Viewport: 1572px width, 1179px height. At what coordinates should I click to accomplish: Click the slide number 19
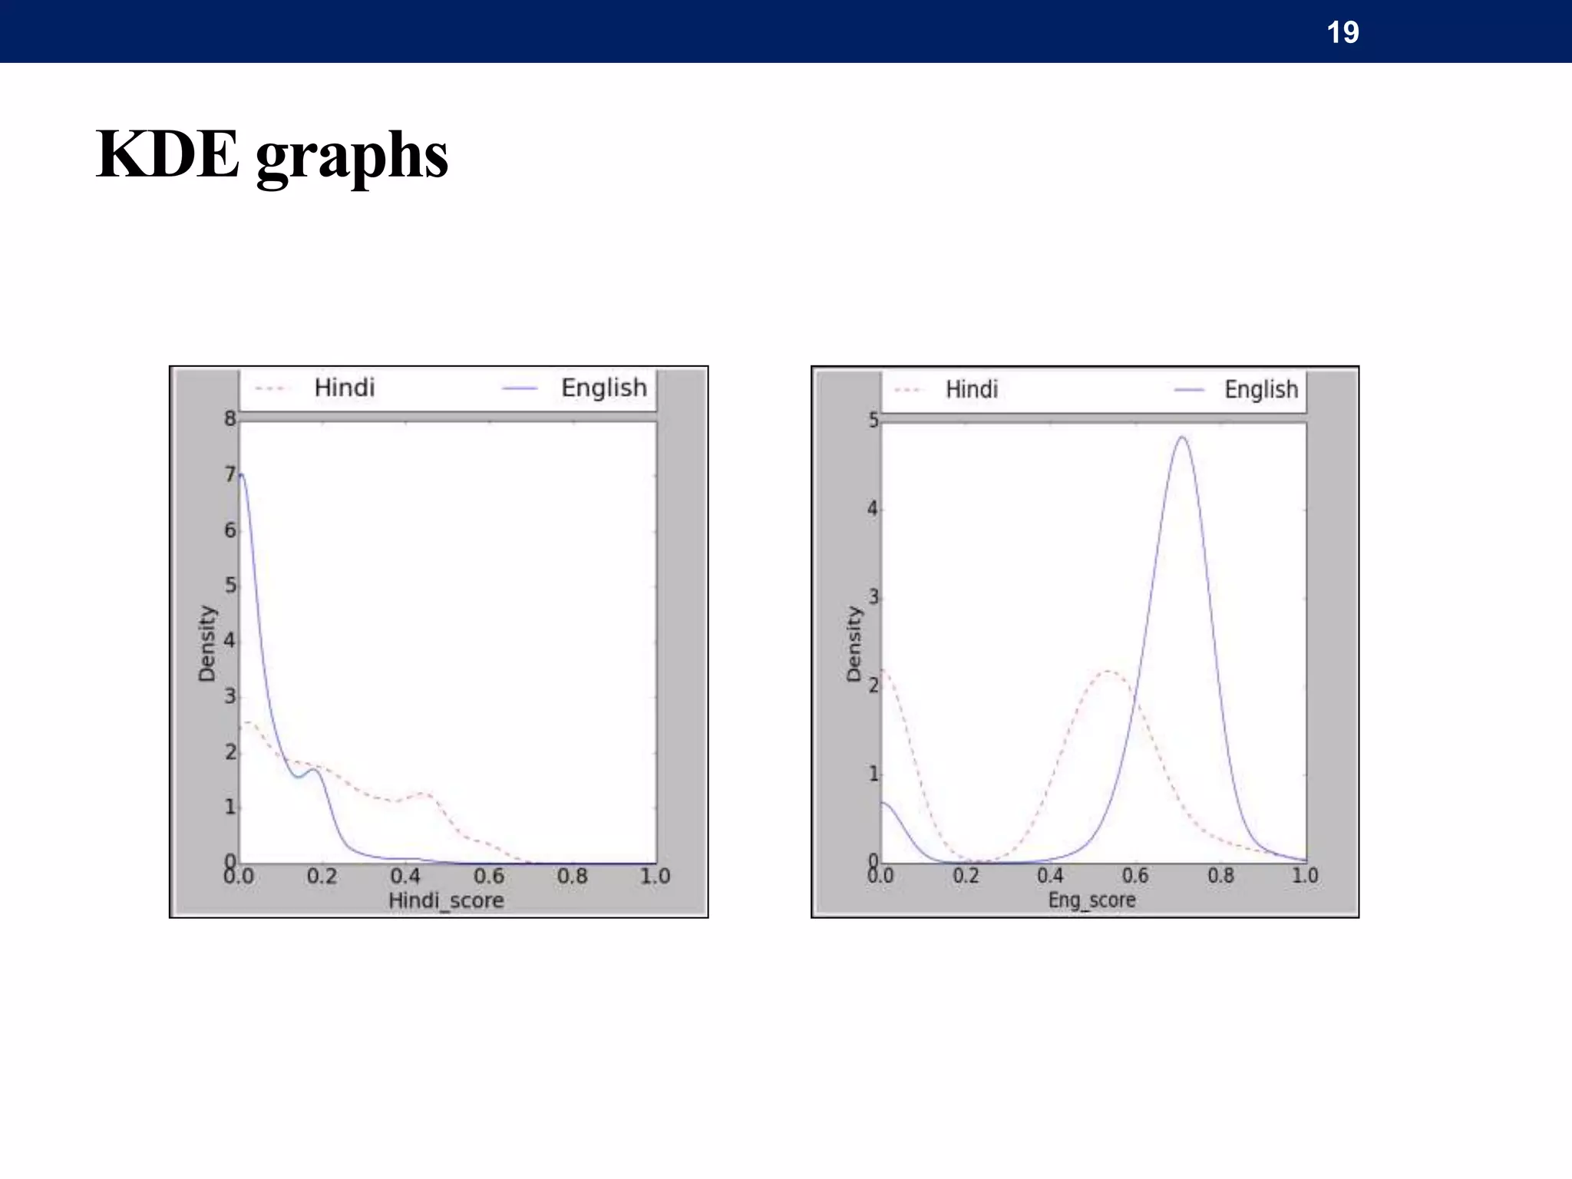(1342, 32)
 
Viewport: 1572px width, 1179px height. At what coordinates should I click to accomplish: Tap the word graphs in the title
(352, 157)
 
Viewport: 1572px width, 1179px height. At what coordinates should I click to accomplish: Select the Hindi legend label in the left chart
(345, 388)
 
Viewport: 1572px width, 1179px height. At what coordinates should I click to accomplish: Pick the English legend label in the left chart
(604, 388)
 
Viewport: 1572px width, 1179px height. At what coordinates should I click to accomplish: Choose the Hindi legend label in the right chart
(972, 389)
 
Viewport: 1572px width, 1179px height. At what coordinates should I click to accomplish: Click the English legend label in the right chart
(1261, 389)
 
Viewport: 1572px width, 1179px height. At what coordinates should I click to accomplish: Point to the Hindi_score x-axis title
(446, 900)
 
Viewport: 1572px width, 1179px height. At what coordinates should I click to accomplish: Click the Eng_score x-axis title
(1091, 900)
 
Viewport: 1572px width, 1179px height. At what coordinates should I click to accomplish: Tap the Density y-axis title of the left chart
(207, 643)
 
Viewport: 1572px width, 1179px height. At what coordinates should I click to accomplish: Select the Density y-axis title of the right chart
(854, 643)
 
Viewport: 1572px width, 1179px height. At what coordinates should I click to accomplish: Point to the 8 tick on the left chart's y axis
(230, 419)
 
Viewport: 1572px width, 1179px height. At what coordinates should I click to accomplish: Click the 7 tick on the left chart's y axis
(230, 474)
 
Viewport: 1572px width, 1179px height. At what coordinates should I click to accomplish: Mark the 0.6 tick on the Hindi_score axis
(489, 876)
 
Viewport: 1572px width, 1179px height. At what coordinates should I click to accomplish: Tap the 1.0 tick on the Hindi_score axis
(656, 876)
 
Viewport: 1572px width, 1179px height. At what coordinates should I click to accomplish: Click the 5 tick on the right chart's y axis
(874, 421)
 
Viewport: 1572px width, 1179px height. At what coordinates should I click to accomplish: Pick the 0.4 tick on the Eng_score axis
(1050, 875)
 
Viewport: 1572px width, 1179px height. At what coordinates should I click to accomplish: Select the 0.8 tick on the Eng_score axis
(1220, 875)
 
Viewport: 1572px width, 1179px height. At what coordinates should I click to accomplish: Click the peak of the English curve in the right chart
(1183, 438)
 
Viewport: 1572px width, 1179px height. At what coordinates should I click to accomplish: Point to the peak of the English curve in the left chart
(242, 474)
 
